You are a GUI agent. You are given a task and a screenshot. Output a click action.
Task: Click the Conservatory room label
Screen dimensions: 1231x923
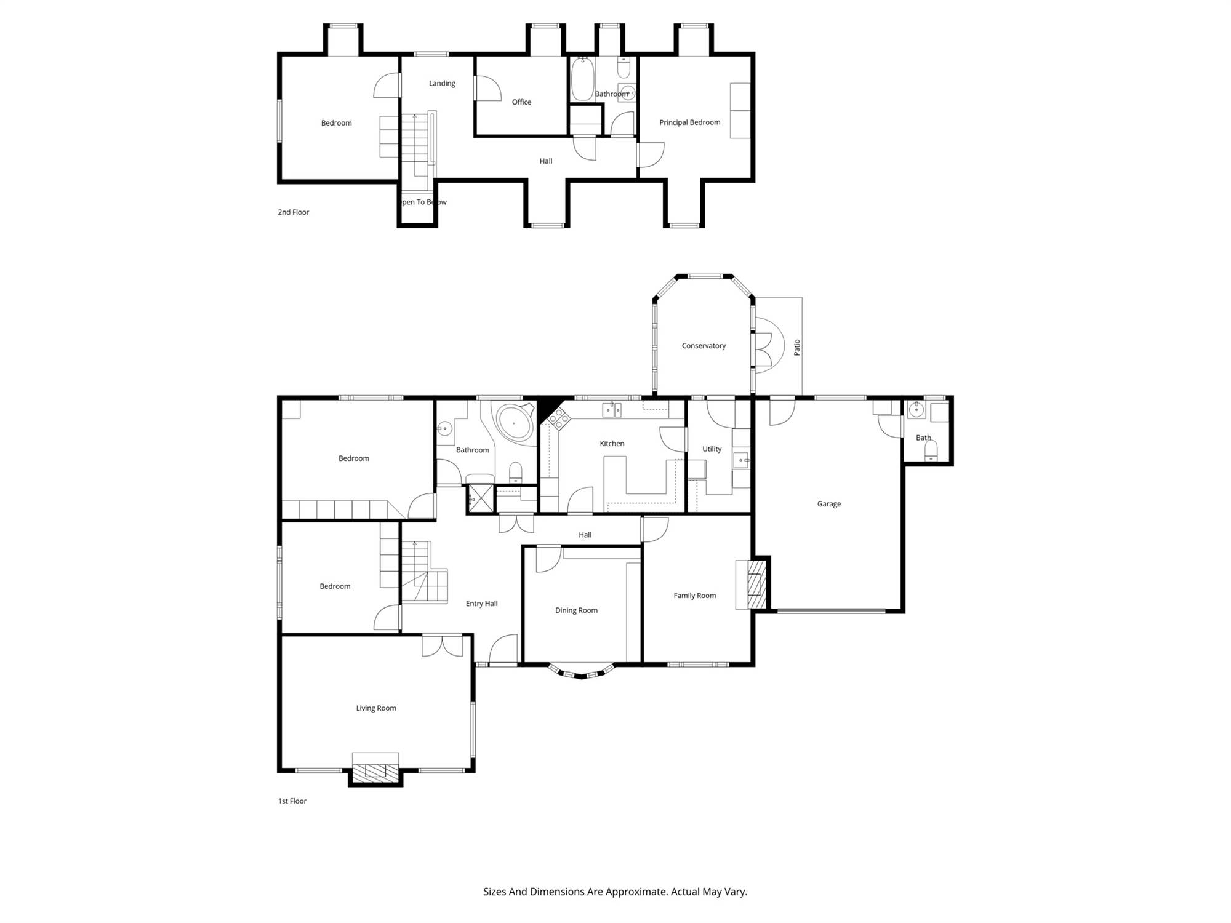(704, 346)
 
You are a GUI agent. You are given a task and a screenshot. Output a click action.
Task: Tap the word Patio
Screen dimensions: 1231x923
(797, 347)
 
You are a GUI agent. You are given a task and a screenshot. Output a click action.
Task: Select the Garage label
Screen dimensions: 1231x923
(829, 504)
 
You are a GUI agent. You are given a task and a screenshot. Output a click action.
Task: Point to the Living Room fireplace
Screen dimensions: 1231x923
(375, 770)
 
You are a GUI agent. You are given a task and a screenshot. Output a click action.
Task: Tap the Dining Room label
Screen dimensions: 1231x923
(576, 610)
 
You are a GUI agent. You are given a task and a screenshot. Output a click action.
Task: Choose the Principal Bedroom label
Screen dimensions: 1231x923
(689, 122)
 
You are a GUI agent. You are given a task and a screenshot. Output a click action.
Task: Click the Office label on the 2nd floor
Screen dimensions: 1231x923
(521, 102)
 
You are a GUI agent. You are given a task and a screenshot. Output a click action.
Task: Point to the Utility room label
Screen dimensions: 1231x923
(712, 449)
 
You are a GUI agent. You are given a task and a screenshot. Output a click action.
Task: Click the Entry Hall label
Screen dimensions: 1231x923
(481, 604)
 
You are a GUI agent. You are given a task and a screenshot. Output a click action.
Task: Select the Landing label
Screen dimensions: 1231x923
(442, 84)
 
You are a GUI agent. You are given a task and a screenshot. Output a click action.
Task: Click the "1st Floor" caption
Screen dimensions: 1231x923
(292, 801)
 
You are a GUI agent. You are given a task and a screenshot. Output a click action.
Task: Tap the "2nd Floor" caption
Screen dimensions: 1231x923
(293, 212)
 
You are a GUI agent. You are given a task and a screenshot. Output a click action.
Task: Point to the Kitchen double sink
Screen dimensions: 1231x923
(612, 410)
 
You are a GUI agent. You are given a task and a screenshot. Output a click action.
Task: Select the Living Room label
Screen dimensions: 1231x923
(375, 708)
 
